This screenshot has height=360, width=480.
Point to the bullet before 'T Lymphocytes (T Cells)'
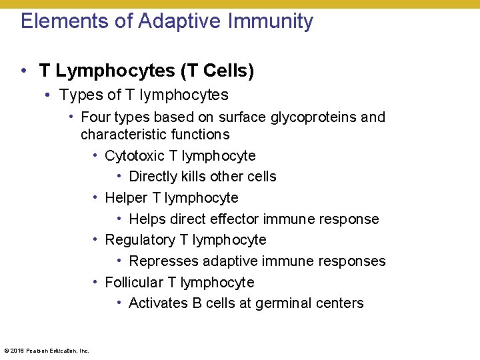click(24, 70)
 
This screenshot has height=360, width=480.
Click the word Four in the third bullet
click(96, 117)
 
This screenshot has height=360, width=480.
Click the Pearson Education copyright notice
click(47, 350)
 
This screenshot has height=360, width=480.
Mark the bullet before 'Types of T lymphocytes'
click(49, 95)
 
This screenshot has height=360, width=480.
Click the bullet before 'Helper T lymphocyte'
click(97, 198)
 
